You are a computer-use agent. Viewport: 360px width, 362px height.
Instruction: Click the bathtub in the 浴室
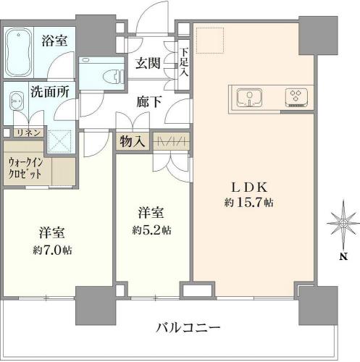tap(19, 52)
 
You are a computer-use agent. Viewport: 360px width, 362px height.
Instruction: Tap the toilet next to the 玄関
tap(113, 76)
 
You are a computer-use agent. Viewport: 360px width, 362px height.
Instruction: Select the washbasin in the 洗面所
tap(16, 101)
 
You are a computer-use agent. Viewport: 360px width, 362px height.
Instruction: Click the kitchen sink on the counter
tap(249, 98)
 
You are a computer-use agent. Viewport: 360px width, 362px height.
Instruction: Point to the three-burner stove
tap(296, 97)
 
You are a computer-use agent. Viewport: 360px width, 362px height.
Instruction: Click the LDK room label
tap(249, 188)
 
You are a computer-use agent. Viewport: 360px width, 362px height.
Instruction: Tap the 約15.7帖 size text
tap(249, 203)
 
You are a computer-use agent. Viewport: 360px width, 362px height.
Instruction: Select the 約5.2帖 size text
tap(151, 230)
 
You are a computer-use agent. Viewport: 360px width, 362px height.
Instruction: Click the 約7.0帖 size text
tap(52, 250)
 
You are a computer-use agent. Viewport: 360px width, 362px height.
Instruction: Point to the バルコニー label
tap(188, 327)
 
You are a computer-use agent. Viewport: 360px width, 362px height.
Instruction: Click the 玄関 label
tap(148, 63)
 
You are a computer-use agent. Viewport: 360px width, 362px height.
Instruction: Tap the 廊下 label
tap(149, 101)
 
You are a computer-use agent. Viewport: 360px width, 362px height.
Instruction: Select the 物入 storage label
tap(133, 141)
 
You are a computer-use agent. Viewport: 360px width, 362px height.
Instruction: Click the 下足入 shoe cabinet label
tap(184, 63)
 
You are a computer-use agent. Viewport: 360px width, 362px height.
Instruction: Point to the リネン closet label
tap(28, 132)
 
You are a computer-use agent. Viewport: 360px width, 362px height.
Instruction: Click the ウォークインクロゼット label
tap(25, 168)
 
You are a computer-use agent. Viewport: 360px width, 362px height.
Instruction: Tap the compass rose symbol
tap(343, 224)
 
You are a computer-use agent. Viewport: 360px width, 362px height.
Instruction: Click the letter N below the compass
tap(343, 256)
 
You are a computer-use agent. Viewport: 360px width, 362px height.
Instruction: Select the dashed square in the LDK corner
tap(210, 40)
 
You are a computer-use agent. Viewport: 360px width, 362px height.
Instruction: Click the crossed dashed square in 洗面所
tap(59, 141)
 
